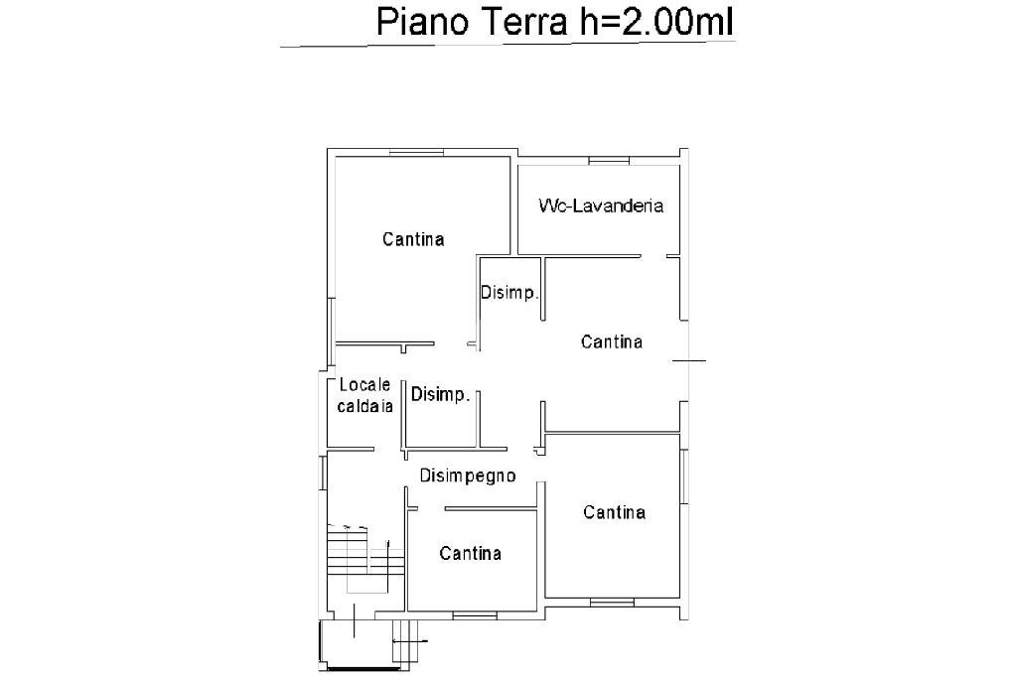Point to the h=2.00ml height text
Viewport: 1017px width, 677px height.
pos(656,23)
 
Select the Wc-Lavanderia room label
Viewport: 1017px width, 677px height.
pos(601,206)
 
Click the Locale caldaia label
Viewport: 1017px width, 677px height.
pos(366,395)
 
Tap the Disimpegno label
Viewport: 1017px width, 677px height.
pos(467,475)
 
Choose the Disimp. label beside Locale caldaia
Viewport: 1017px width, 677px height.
pos(440,395)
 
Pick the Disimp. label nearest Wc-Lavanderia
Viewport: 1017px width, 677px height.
pos(509,293)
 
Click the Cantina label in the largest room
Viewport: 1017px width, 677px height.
pos(413,239)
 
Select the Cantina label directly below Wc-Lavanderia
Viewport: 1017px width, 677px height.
pos(612,341)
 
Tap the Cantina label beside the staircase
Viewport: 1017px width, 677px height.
pos(471,553)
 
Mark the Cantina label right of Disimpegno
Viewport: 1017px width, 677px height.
pos(615,512)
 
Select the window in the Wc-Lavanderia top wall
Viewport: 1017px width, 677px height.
pos(607,160)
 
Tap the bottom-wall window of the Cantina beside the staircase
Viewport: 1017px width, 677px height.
pos(475,615)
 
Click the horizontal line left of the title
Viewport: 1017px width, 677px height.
pos(323,46)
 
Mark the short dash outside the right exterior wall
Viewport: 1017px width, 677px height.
pos(695,360)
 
